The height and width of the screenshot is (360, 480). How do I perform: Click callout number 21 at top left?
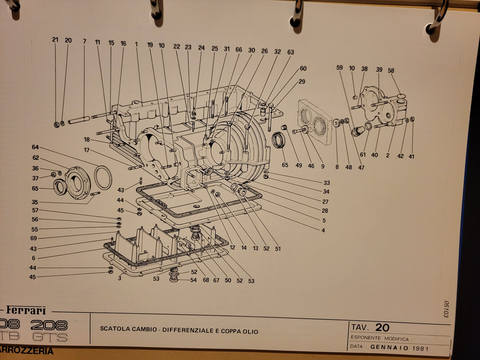(x=55, y=40)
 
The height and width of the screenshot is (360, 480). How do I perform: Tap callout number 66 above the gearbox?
(x=239, y=50)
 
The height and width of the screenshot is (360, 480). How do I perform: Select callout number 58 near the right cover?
(x=391, y=70)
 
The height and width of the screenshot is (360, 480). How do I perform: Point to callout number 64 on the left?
(x=36, y=147)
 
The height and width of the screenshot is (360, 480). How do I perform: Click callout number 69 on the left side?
(x=34, y=238)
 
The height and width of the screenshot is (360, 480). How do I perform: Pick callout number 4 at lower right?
(x=323, y=230)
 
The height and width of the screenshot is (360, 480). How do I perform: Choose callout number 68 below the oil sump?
(x=206, y=280)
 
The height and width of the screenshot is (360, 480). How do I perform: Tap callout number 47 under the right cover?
(x=361, y=167)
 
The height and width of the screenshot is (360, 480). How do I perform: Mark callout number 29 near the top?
(x=302, y=81)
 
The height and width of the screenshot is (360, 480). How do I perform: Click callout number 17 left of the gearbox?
(x=87, y=150)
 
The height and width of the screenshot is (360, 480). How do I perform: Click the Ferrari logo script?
(x=26, y=311)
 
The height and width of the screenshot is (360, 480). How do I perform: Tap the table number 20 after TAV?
(x=382, y=327)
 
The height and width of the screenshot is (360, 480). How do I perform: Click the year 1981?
(x=421, y=348)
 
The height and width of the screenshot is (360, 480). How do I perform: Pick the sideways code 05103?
(x=446, y=309)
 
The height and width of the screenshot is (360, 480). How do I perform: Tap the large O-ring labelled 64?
(x=103, y=177)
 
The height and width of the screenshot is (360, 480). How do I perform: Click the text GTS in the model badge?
(x=50, y=337)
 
